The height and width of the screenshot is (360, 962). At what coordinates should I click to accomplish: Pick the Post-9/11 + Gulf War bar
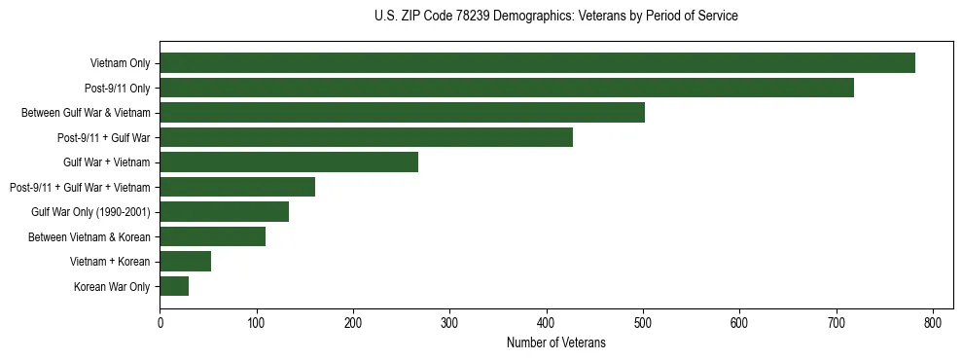click(366, 137)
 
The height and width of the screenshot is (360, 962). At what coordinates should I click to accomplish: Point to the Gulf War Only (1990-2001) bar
click(224, 212)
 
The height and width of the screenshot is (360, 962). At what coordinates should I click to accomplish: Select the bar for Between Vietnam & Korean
click(212, 236)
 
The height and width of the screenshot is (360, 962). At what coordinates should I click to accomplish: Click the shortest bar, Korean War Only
click(174, 286)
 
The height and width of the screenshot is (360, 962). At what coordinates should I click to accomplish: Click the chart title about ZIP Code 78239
click(555, 17)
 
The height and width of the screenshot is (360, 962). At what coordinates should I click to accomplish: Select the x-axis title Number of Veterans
click(555, 343)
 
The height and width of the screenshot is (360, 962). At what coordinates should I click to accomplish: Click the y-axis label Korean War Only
click(112, 286)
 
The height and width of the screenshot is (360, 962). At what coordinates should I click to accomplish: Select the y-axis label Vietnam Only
click(120, 63)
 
